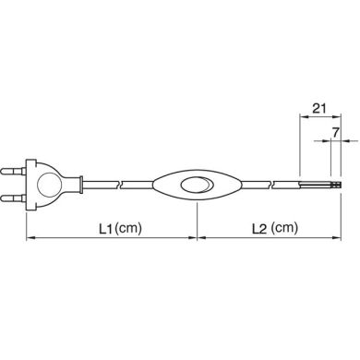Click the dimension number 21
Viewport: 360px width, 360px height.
pyautogui.click(x=318, y=108)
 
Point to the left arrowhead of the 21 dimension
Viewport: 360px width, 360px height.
pyautogui.click(x=302, y=119)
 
